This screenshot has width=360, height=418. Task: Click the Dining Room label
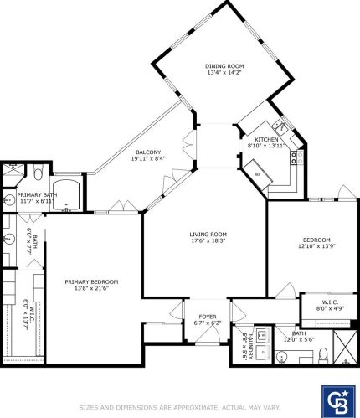224,65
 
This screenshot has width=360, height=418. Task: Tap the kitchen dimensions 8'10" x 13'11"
266,146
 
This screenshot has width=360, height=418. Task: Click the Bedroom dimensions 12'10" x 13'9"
314,246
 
